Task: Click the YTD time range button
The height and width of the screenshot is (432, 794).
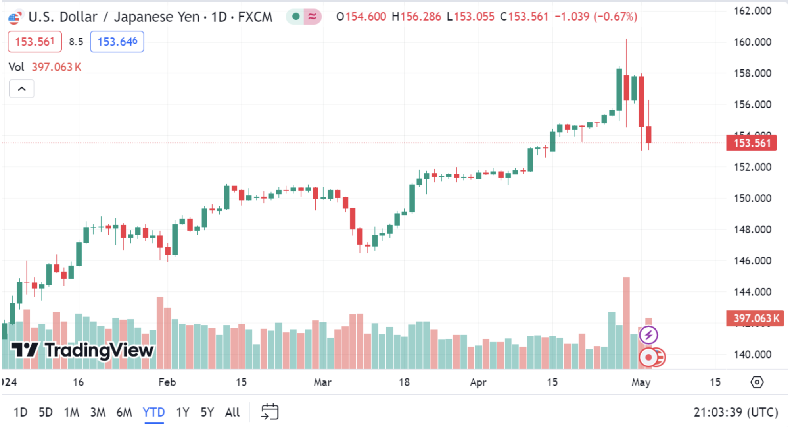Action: click(153, 412)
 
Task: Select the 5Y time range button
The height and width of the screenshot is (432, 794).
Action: click(207, 412)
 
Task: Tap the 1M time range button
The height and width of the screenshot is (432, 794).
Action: click(71, 412)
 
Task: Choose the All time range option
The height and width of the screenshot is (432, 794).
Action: click(232, 412)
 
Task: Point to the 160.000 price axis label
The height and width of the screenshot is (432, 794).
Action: click(752, 42)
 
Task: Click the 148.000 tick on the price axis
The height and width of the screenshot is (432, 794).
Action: click(752, 229)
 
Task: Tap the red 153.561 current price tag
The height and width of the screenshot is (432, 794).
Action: click(751, 143)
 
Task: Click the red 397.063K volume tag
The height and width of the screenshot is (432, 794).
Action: click(755, 318)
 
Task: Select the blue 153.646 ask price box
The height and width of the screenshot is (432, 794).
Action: click(117, 42)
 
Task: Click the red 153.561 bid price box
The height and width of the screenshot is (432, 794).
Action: click(35, 42)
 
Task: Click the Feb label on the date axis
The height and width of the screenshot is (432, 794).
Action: click(167, 382)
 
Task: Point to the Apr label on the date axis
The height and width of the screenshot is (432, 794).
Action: click(478, 382)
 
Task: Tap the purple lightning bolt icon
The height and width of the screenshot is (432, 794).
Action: click(648, 335)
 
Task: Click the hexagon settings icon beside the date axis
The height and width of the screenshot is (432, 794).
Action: click(757, 382)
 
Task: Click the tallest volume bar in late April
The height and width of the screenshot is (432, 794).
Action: click(626, 322)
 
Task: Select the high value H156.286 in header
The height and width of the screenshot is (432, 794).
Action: click(416, 17)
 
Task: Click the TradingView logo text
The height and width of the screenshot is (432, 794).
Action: click(99, 350)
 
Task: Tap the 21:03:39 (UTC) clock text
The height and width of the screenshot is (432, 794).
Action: click(736, 412)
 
